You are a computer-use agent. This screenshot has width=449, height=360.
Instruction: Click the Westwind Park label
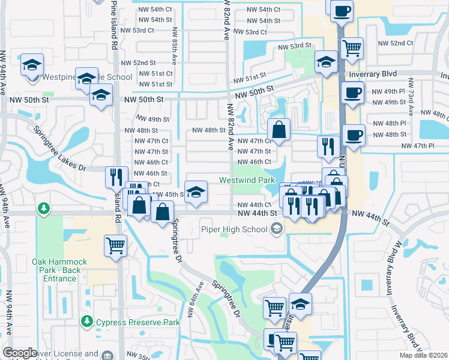[247, 180]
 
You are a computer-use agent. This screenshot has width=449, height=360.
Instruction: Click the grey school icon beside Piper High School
[277, 228]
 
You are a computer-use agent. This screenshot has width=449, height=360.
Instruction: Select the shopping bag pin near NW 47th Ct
[279, 129]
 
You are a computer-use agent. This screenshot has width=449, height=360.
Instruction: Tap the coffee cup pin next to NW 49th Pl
[352, 93]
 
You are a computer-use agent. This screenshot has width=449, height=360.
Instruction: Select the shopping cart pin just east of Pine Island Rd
[115, 245]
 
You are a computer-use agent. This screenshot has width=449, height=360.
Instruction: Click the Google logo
[20, 353]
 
